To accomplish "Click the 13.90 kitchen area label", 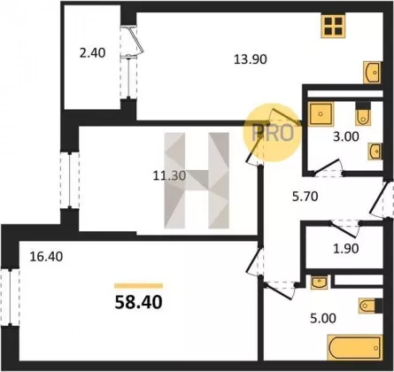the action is click(x=251, y=59).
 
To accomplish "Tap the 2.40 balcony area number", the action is click(x=93, y=53).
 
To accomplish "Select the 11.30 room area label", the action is click(x=169, y=176).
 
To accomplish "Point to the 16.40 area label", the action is click(x=46, y=257).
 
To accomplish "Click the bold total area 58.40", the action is click(x=138, y=302).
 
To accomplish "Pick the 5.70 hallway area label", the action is click(x=305, y=197).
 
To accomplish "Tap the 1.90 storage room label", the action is click(x=346, y=249).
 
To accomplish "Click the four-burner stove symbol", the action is click(x=333, y=26).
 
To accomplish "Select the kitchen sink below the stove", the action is click(x=373, y=73).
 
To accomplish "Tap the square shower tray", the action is click(x=320, y=113).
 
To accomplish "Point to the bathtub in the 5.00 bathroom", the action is click(x=355, y=348).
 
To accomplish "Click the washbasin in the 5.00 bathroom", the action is click(x=319, y=282).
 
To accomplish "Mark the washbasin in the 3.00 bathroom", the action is click(x=375, y=151).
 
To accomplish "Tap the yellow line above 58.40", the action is click(x=138, y=285).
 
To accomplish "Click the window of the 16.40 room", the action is click(x=10, y=297).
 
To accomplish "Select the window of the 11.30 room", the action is click(x=70, y=180).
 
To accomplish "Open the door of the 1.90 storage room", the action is click(x=344, y=228).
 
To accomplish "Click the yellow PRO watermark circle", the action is click(x=272, y=133).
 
